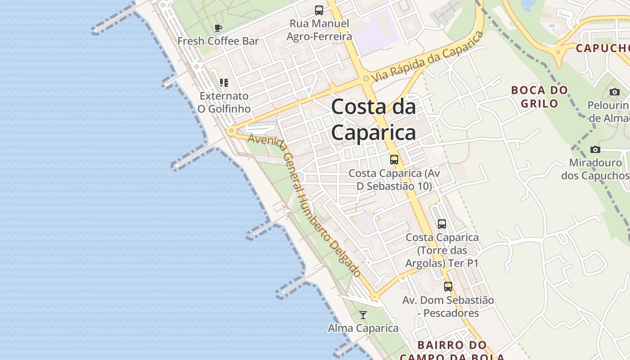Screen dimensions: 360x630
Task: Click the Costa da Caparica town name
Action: pyautogui.click(x=373, y=120)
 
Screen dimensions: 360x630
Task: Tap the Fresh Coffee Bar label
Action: pyautogui.click(x=218, y=41)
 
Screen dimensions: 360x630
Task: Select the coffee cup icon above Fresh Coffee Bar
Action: pyautogui.click(x=218, y=28)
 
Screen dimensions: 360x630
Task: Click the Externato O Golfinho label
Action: pyautogui.click(x=224, y=102)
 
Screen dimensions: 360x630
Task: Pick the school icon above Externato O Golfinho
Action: pyautogui.click(x=224, y=82)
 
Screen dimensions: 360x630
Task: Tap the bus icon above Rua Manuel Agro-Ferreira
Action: pyautogui.click(x=319, y=10)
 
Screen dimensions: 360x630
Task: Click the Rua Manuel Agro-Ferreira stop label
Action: pyautogui.click(x=319, y=30)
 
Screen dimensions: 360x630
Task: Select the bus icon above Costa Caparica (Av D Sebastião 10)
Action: pyautogui.click(x=394, y=159)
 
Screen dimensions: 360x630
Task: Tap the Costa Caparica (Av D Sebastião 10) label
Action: pyautogui.click(x=394, y=180)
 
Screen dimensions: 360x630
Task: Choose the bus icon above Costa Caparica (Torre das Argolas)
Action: pyautogui.click(x=442, y=224)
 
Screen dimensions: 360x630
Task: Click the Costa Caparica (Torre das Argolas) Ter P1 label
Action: pyautogui.click(x=442, y=250)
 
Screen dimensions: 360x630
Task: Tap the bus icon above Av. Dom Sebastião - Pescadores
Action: pyautogui.click(x=448, y=286)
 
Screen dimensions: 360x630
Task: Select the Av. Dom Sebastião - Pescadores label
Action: pyautogui.click(x=448, y=306)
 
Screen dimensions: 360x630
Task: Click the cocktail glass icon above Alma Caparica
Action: pyautogui.click(x=363, y=315)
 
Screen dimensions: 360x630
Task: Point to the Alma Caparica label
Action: pyautogui.click(x=363, y=328)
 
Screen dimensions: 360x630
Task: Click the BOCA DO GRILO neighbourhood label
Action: pyautogui.click(x=540, y=97)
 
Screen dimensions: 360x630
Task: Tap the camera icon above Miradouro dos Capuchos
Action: pyautogui.click(x=595, y=149)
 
